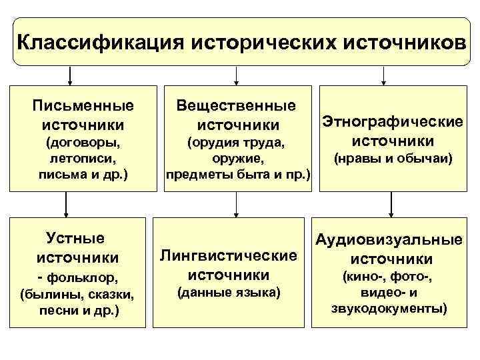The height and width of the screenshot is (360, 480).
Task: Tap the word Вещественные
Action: point(237,105)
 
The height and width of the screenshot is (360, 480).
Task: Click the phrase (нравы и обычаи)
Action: point(393,159)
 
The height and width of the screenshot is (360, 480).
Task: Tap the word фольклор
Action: point(82,276)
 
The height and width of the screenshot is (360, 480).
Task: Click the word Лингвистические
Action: point(228,255)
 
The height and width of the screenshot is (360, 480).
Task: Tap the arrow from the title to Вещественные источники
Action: point(234,75)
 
